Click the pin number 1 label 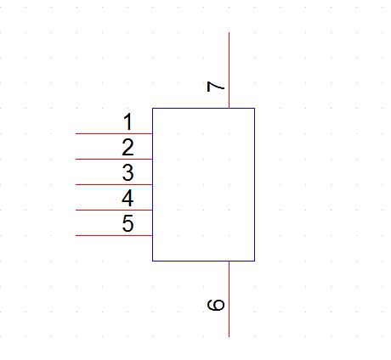pyautogui.click(x=128, y=121)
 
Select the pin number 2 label pyautogui.click(x=127, y=147)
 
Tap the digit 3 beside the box pyautogui.click(x=127, y=172)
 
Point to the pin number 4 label pyautogui.click(x=127, y=198)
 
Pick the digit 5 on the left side pyautogui.click(x=127, y=223)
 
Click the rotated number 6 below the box pyautogui.click(x=216, y=305)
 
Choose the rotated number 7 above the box pyautogui.click(x=216, y=87)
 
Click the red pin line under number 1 pyautogui.click(x=114, y=133)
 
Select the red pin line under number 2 pyautogui.click(x=114, y=159)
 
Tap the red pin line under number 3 pyautogui.click(x=114, y=184)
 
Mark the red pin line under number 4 pyautogui.click(x=114, y=210)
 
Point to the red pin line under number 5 pyautogui.click(x=114, y=235)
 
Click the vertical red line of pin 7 pyautogui.click(x=229, y=70)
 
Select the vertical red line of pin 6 pyautogui.click(x=229, y=299)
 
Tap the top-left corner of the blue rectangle pyautogui.click(x=153, y=108)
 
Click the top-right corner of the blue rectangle pyautogui.click(x=254, y=108)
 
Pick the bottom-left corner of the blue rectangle pyautogui.click(x=153, y=261)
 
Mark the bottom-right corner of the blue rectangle pyautogui.click(x=254, y=261)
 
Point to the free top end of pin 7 pyautogui.click(x=229, y=32)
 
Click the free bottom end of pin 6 pyautogui.click(x=229, y=336)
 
